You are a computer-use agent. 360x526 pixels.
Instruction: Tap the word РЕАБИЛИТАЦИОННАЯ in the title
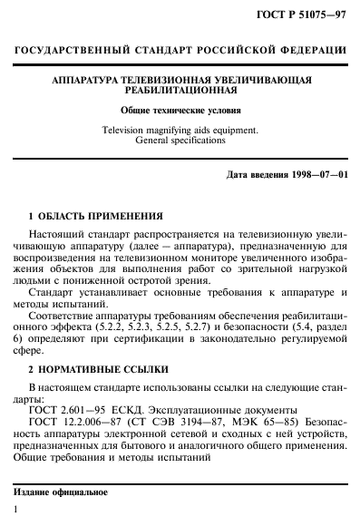(180, 91)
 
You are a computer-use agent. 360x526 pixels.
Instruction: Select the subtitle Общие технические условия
(180, 110)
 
